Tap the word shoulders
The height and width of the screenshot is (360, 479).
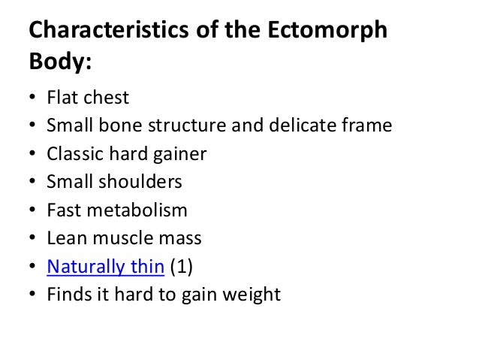coord(141,182)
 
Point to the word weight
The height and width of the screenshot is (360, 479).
coord(251,295)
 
